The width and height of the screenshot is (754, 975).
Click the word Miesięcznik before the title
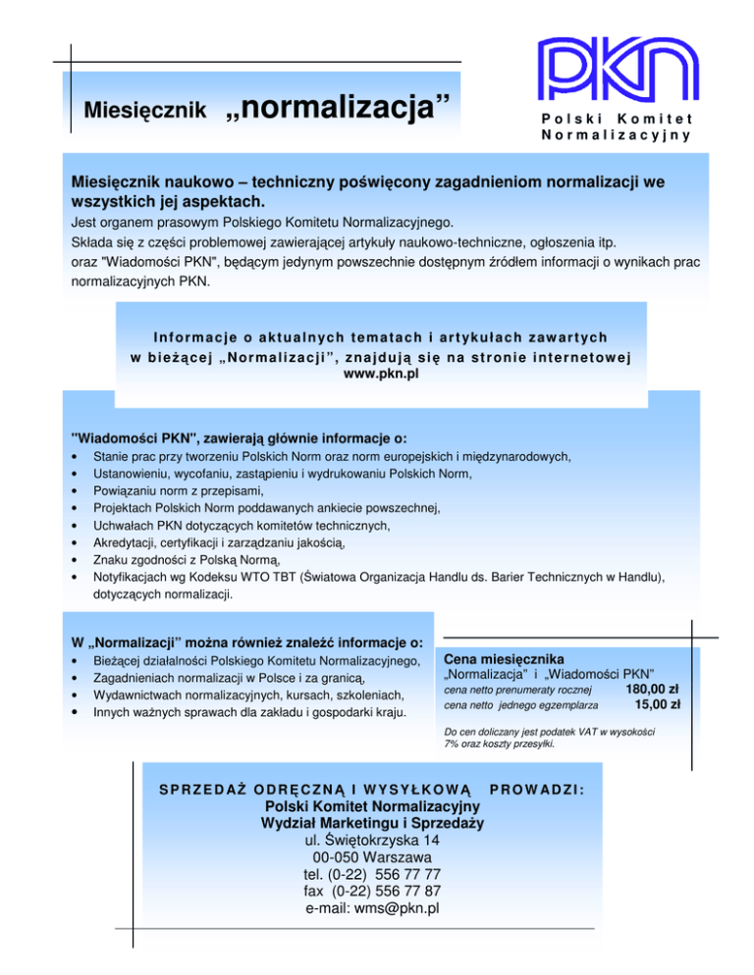144,108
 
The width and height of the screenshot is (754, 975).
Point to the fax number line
372,891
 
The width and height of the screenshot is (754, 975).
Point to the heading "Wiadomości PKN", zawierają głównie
240,437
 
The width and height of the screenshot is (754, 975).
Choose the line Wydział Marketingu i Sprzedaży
372,823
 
